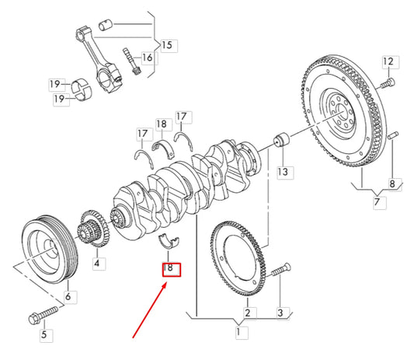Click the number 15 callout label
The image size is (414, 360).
167,45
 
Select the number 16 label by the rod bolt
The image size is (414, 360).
148,58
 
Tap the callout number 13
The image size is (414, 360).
283,170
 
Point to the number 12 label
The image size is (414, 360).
389,61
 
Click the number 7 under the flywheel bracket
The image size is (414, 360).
377,203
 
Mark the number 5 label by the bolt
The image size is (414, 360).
43,335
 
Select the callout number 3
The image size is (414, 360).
283,313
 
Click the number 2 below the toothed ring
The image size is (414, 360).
246,313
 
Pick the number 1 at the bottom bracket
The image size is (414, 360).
240,333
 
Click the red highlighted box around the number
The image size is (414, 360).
170,270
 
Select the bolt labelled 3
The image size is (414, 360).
280,273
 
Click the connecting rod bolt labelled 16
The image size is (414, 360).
129,61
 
